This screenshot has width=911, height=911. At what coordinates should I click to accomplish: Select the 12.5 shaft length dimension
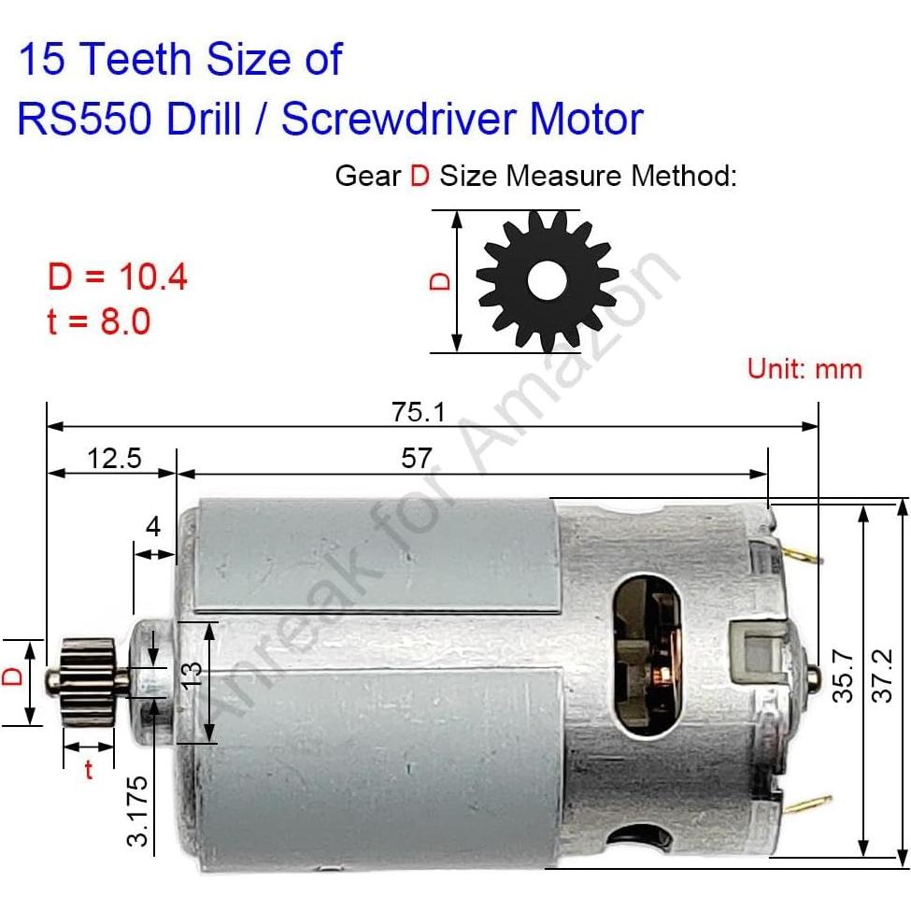pyautogui.click(x=113, y=458)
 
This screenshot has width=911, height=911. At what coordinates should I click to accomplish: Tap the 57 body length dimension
pyautogui.click(x=417, y=458)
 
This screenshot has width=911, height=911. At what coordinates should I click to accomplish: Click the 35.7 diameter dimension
pyautogui.click(x=844, y=676)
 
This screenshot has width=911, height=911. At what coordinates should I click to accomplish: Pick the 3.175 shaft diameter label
pyautogui.click(x=138, y=810)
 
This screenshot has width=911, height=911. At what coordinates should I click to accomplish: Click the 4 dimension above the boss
pyautogui.click(x=153, y=526)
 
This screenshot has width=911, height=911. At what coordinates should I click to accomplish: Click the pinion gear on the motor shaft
pyautogui.click(x=88, y=682)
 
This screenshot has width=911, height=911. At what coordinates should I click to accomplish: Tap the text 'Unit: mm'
pyautogui.click(x=804, y=368)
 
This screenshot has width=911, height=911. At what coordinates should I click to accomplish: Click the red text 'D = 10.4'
pyautogui.click(x=117, y=277)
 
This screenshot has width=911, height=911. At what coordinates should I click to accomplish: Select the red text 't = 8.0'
pyautogui.click(x=98, y=321)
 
